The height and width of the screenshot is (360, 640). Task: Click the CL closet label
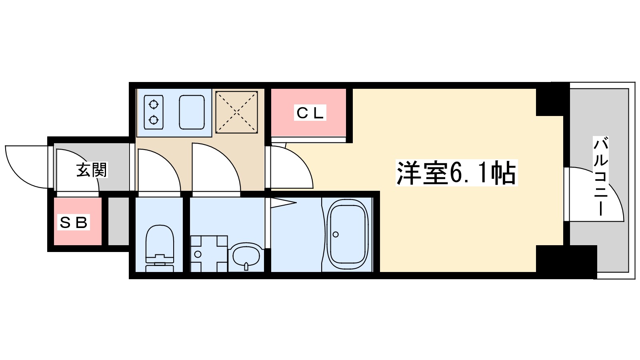310,113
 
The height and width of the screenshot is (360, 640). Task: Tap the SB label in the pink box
73,222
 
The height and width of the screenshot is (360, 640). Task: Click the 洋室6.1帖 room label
456,173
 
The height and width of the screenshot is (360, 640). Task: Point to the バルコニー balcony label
601,176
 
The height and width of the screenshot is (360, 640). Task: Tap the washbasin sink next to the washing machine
246,256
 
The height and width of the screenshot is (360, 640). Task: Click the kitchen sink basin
192,112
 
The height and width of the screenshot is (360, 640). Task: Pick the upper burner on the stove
154,105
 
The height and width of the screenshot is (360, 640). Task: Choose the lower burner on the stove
154,120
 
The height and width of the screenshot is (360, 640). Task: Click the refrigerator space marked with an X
236,112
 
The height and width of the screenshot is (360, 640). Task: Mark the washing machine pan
208,254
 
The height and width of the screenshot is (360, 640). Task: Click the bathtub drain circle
336,234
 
